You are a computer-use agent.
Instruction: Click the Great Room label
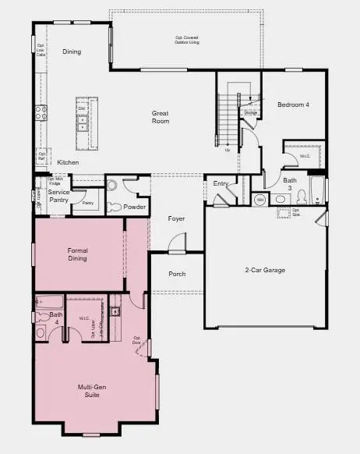tap(160, 117)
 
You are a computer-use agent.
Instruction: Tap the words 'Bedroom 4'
tap(294, 104)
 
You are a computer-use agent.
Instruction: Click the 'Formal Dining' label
tap(77, 254)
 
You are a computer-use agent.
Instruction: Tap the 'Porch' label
tap(177, 274)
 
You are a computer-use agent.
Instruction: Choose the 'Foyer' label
tap(177, 218)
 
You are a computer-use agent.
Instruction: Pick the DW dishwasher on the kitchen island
tap(82, 108)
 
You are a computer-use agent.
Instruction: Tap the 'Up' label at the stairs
tap(228, 150)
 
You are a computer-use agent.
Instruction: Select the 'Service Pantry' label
tap(59, 196)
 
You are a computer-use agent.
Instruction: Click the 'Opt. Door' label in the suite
tap(137, 342)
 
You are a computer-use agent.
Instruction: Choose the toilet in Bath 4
tap(41, 332)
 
